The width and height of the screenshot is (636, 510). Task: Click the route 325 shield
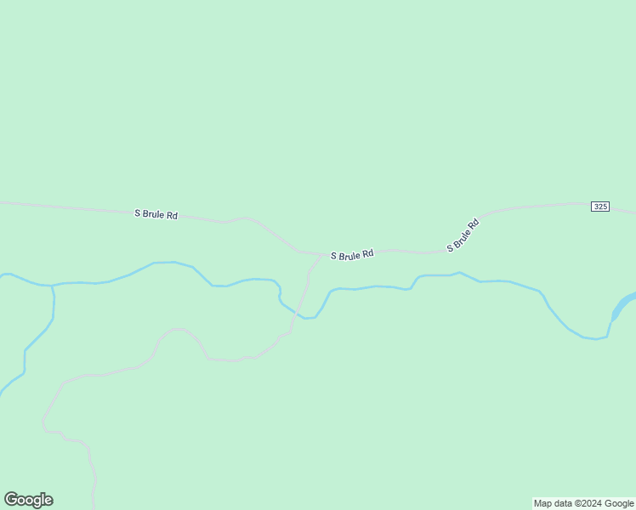click(601, 207)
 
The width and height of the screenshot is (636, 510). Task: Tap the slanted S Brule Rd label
click(463, 235)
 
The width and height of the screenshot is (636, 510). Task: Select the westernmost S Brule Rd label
click(156, 214)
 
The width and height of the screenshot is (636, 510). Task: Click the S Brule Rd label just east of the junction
click(352, 255)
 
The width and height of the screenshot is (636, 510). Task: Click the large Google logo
click(28, 500)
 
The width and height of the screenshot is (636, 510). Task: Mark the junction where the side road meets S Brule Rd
click(321, 254)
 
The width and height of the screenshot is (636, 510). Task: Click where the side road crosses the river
click(298, 314)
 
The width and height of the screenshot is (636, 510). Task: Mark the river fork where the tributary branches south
click(52, 286)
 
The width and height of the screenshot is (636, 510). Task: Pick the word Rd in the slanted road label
click(474, 224)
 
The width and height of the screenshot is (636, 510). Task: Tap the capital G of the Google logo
click(12, 500)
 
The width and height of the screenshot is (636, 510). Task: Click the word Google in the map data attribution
click(620, 503)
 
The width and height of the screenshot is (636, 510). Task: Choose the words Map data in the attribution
click(553, 503)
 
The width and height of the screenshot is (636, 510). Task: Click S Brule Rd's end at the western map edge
click(2, 202)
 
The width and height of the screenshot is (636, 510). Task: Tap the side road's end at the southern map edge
click(94, 507)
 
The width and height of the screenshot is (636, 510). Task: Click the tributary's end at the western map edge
click(2, 394)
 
